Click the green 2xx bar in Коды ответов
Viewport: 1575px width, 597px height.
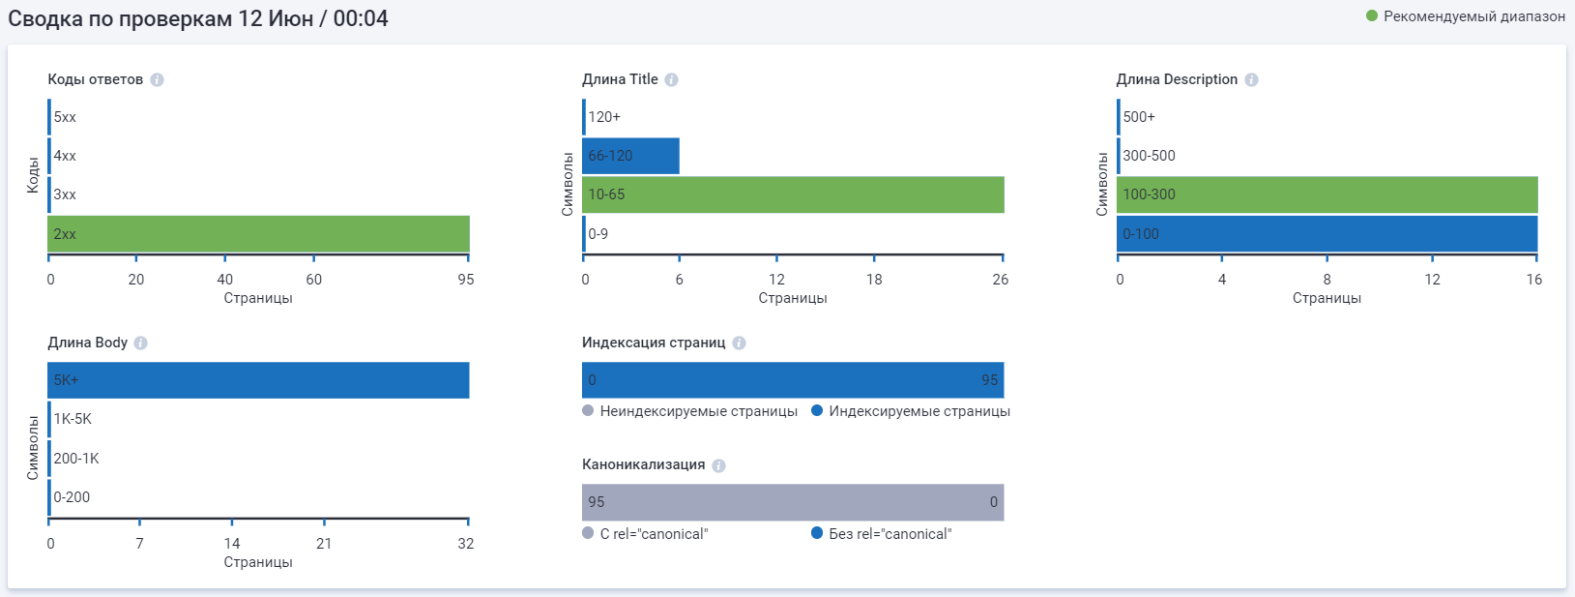(x=258, y=234)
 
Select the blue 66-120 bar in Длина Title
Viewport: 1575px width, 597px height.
(x=630, y=156)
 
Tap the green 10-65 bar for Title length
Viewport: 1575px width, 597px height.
(x=793, y=194)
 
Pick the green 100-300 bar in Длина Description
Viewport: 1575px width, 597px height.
(x=1327, y=194)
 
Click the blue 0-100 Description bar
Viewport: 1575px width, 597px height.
(x=1327, y=234)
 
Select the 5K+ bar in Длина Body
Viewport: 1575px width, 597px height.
(x=258, y=380)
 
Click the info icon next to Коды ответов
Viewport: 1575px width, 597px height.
(x=157, y=79)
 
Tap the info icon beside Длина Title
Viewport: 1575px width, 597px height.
(x=671, y=79)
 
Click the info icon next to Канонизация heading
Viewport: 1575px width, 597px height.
(x=718, y=465)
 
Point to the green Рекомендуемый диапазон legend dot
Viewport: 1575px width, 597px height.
(x=1371, y=15)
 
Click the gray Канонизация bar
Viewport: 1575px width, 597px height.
(x=793, y=502)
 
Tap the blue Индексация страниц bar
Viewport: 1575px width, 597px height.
(x=793, y=380)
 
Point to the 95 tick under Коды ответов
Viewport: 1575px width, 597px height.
(x=466, y=280)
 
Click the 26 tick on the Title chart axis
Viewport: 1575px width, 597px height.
(x=1000, y=280)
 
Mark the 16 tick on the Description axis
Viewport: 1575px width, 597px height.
(x=1534, y=280)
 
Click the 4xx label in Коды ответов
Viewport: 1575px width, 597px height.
(x=65, y=156)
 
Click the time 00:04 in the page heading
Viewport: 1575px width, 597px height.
(x=361, y=18)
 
